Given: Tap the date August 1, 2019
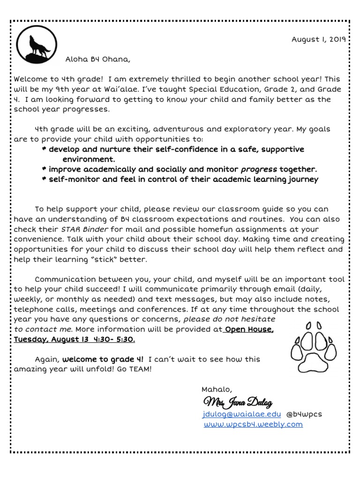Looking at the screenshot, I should click(x=318, y=39).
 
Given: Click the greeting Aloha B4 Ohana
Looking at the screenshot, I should click(x=97, y=60).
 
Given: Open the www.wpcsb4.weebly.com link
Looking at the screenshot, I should click(x=253, y=424).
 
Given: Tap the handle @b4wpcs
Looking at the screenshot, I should click(x=305, y=414).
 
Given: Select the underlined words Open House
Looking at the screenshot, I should click(x=248, y=329).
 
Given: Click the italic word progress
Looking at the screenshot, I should click(x=259, y=169).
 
